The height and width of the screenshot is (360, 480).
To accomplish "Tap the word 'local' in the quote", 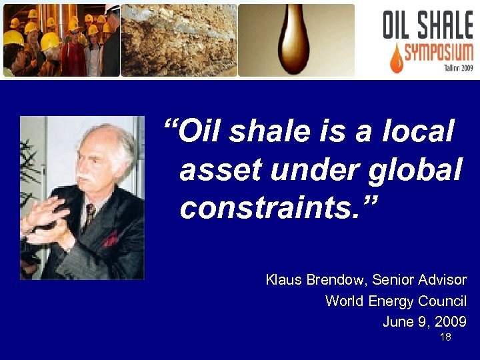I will [x=419, y=132].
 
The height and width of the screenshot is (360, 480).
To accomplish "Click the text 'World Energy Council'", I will [x=395, y=301].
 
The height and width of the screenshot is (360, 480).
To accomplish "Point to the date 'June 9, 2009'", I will [x=424, y=322].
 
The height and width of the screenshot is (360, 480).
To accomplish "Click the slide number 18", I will [x=445, y=338].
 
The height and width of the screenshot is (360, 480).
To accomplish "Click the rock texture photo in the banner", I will [x=179, y=40].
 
